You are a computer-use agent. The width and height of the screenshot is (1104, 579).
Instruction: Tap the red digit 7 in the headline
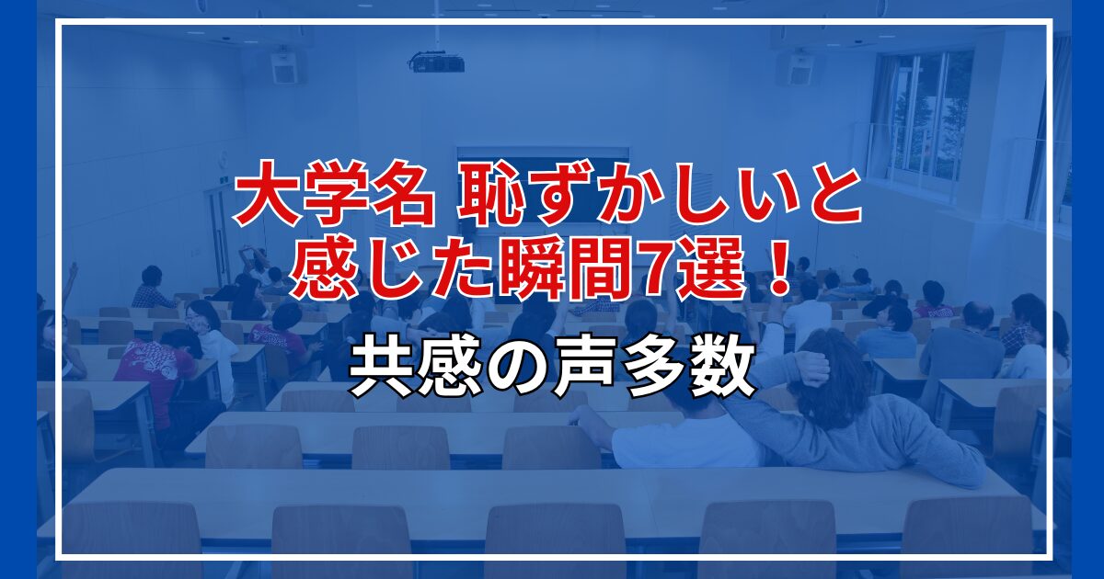[x=652, y=273]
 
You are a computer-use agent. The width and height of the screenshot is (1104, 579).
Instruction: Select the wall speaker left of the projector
[x=284, y=67]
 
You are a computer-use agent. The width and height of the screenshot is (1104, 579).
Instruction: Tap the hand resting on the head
[x=809, y=369]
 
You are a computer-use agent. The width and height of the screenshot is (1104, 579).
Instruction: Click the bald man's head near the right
[x=978, y=315]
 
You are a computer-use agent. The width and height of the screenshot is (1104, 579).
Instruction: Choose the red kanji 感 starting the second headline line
[x=320, y=272]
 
